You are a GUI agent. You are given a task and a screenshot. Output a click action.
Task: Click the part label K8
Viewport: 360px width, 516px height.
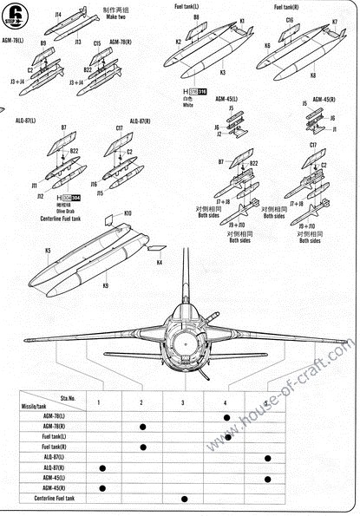tap(312, 75)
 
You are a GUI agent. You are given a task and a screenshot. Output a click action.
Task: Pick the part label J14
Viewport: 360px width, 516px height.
tap(58, 15)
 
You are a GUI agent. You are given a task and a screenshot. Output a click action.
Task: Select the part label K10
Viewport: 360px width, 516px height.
tap(128, 212)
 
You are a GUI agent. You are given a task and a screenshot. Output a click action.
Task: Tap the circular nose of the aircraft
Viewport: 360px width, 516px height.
tap(184, 346)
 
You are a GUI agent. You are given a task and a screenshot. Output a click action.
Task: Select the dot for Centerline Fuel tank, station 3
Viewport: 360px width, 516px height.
tap(184, 498)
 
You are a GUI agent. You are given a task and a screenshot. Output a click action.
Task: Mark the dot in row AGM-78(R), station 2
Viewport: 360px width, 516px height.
tap(141, 427)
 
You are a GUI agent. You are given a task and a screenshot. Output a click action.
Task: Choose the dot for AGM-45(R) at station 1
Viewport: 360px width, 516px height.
tap(101, 487)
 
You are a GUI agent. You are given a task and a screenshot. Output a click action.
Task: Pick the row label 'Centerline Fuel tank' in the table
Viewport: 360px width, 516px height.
tap(54, 498)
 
